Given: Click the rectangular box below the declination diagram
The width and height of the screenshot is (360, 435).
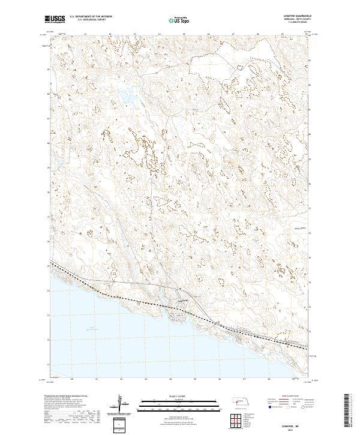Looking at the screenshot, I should [x=120, y=425].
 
